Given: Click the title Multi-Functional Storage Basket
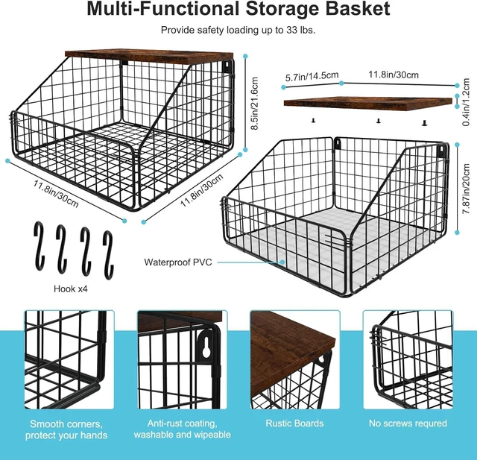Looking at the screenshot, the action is coord(238,8).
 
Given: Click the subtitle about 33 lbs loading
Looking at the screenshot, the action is coord(238,30).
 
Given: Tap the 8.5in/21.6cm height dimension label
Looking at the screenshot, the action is coord(254,103).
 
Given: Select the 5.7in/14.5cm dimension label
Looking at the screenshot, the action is coord(312,76).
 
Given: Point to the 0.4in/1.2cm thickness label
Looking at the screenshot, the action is coord(466,102).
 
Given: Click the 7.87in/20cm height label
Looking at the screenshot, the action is coord(466,189).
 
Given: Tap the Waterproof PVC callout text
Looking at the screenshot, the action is coord(178,262).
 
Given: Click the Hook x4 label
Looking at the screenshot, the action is coord(71,289).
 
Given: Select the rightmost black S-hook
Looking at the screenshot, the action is coord(108,255).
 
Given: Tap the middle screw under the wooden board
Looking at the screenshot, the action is coord(378,121).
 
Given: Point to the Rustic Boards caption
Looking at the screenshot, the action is coord(294,423).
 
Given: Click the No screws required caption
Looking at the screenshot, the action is coord(408,423).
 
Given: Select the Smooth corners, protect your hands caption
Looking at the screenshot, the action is coord(66,429).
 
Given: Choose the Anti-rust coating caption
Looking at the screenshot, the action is coord(182,429).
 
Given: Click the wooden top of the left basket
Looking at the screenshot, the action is coord(149,56).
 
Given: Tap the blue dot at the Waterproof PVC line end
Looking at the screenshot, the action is coord(283,262).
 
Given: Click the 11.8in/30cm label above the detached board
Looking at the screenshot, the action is coord(394,75).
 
